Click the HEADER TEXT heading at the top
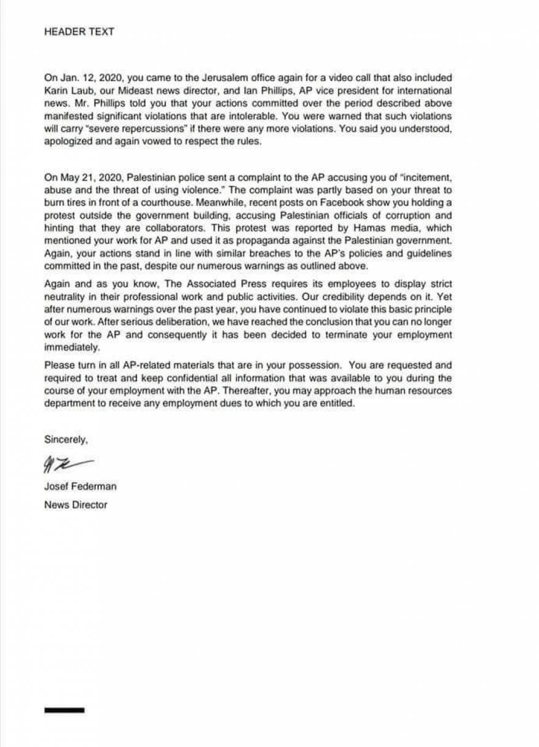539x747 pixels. [79, 32]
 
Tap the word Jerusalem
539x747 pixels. [223, 78]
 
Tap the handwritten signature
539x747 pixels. [66, 464]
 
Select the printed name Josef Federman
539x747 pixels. [81, 487]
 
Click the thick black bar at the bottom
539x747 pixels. [64, 710]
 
